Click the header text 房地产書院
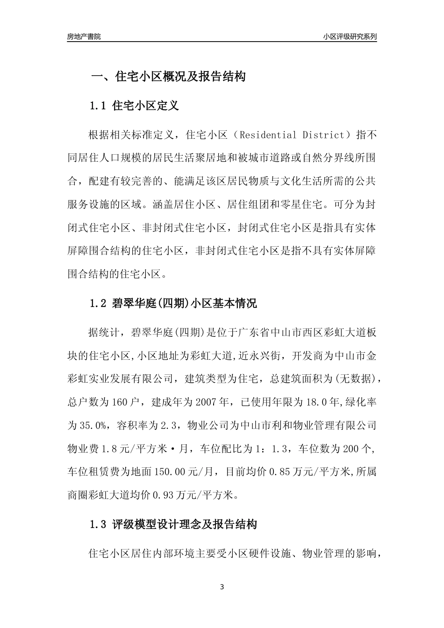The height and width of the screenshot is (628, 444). (x=84, y=36)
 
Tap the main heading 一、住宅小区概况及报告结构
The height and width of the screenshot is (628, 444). (x=168, y=77)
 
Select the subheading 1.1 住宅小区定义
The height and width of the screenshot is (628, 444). (x=134, y=106)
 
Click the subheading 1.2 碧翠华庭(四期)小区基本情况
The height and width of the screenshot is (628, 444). (x=173, y=303)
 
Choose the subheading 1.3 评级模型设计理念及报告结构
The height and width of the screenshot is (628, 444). (x=173, y=524)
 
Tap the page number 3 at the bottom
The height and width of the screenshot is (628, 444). (x=222, y=586)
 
